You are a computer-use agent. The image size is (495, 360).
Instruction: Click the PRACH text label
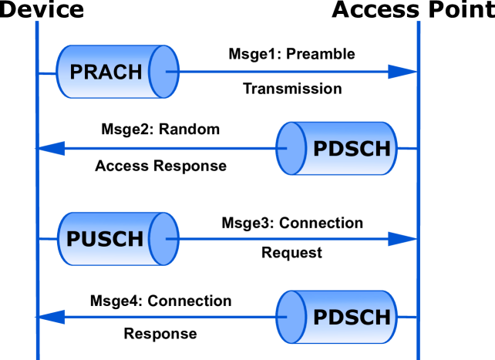106,72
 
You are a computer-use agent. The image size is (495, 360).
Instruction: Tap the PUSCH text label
105,239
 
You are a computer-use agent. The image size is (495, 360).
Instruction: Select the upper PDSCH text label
352,148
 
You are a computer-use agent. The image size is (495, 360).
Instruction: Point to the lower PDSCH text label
352,317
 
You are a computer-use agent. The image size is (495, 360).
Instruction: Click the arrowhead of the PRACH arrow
402,72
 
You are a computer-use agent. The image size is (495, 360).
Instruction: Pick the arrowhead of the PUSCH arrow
402,239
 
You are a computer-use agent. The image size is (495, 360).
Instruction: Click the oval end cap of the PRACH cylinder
163,72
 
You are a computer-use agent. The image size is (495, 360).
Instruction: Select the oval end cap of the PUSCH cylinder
163,239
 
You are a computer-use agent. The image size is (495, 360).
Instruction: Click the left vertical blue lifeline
37,193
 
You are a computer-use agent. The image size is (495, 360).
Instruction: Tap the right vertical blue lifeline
418,193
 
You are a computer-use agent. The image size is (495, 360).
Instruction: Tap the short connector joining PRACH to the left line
47,73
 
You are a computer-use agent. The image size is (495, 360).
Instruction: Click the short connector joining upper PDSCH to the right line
407,148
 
